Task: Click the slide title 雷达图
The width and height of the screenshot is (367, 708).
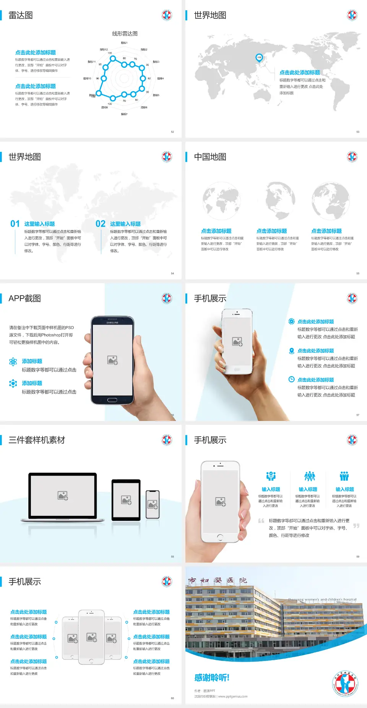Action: click(x=21, y=15)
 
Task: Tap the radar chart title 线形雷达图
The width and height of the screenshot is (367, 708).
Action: click(x=125, y=34)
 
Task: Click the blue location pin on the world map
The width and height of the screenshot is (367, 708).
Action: click(x=259, y=58)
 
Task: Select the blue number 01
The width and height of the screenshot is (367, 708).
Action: click(x=15, y=224)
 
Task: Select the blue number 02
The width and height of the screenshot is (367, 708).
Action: click(x=101, y=224)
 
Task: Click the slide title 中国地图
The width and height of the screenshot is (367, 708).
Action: click(x=210, y=157)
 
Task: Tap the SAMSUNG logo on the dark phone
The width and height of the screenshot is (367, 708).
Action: click(x=112, y=323)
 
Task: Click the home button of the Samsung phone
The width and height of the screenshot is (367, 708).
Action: click(x=112, y=400)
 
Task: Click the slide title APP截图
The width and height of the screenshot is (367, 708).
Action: click(x=24, y=299)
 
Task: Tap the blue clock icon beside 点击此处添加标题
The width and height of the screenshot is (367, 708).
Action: click(x=291, y=379)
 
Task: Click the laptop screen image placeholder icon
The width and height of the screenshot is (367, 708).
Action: click(x=63, y=496)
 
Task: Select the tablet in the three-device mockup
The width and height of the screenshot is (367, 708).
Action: click(x=126, y=499)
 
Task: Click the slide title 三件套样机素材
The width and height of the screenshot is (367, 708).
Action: click(x=37, y=440)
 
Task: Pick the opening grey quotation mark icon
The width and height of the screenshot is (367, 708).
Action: click(x=261, y=520)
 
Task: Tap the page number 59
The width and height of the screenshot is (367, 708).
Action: click(x=358, y=556)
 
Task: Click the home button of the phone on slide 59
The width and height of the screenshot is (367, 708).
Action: click(x=220, y=537)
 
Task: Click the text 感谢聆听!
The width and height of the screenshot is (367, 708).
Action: click(x=212, y=678)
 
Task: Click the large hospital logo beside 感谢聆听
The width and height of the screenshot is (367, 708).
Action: click(x=345, y=684)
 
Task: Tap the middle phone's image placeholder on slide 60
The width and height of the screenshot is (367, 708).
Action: click(x=91, y=637)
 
